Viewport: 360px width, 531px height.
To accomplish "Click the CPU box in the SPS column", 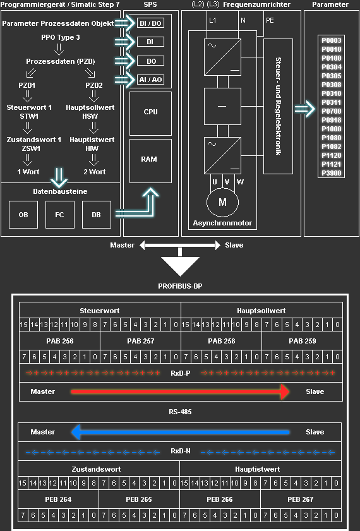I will (x=150, y=112).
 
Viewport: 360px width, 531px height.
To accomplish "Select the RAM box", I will (x=150, y=160).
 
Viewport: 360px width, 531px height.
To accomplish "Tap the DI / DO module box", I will (x=150, y=23).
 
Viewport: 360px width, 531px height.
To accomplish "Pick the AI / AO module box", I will (x=150, y=80).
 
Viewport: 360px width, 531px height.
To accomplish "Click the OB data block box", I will (x=23, y=215).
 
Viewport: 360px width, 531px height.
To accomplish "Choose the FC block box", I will (x=60, y=215).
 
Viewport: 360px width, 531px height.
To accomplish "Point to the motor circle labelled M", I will (x=222, y=202).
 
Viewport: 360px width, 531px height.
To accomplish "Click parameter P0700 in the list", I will (x=331, y=110).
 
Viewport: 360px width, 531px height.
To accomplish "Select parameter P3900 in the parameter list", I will (x=331, y=172).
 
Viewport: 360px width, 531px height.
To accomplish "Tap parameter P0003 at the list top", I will (x=331, y=40).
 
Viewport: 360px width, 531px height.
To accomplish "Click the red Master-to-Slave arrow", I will (x=180, y=392).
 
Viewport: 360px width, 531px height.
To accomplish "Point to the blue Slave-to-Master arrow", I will (x=180, y=433).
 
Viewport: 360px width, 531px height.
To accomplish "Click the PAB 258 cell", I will (x=221, y=341).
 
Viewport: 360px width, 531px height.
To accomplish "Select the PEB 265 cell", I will (x=139, y=499).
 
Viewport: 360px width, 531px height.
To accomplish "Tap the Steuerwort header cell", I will (x=100, y=311).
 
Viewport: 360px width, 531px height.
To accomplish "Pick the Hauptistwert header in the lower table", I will (x=260, y=470).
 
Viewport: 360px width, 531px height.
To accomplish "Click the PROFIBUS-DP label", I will (x=180, y=285).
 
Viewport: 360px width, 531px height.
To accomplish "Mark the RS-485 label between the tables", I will (x=180, y=412).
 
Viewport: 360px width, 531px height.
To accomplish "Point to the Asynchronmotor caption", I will (x=222, y=224).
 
